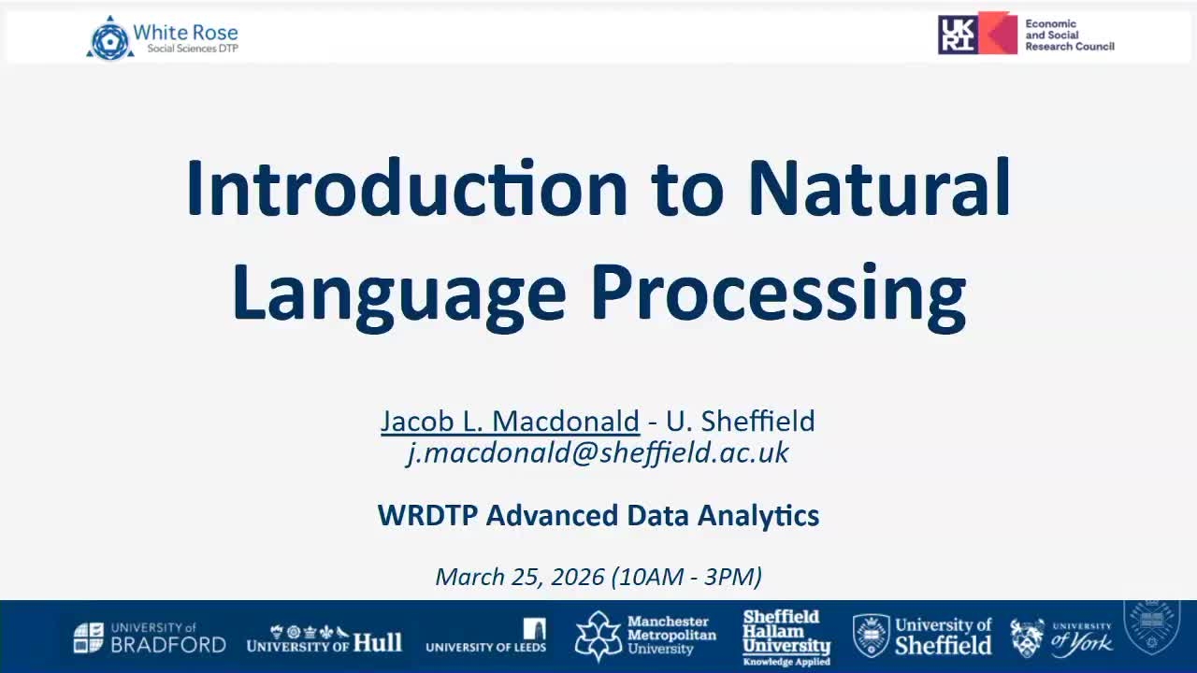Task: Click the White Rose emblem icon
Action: click(x=109, y=37)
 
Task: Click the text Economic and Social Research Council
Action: click(x=1069, y=36)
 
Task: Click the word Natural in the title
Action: click(x=879, y=189)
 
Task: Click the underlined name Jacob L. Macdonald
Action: click(x=510, y=421)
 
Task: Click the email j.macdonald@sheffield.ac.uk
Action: click(x=598, y=452)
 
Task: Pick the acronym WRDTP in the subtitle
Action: click(x=427, y=515)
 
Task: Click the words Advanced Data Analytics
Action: click(x=653, y=515)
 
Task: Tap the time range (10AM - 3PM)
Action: click(x=686, y=577)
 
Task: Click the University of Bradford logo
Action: click(x=150, y=637)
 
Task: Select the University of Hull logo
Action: click(x=324, y=638)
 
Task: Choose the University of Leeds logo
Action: click(x=486, y=637)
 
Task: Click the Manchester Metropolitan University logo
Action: click(x=645, y=637)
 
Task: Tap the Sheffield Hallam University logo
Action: click(x=786, y=637)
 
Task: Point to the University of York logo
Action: click(x=1061, y=637)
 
